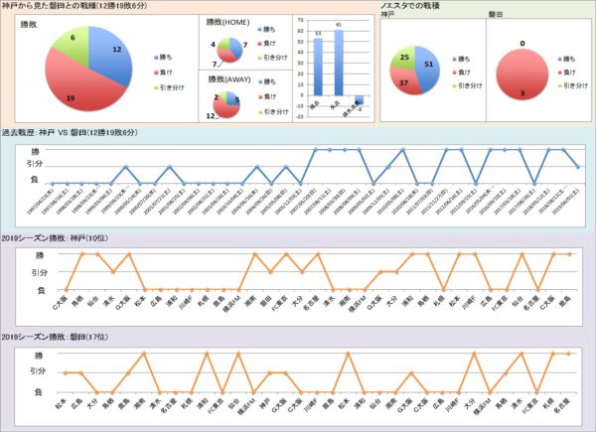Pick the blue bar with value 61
[x=339, y=62]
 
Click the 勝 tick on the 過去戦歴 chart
[x=39, y=150]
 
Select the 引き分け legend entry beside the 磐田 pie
[x=579, y=86]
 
